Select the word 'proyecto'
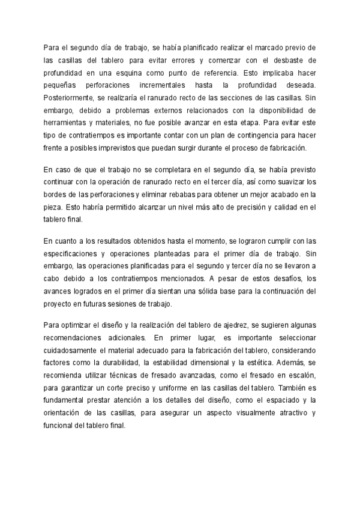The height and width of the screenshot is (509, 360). tap(59, 304)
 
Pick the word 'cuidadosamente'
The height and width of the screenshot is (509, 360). tap(76, 351)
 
